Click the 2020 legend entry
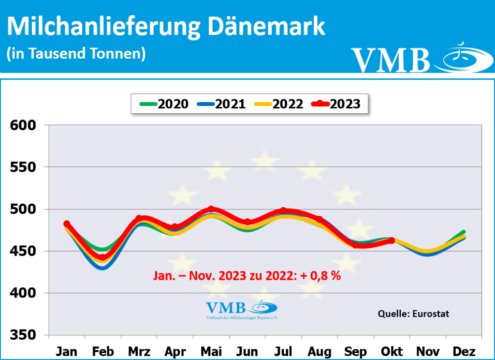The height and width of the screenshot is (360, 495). coord(164,104)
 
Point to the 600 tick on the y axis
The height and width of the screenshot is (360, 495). coord(23,125)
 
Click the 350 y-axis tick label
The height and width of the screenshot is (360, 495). coord(23,335)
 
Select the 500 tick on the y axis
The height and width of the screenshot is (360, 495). coord(23,209)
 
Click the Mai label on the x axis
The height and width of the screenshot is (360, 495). coord(211,351)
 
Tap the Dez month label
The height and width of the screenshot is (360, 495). coord(465,351)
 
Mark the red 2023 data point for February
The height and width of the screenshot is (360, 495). coord(102,258)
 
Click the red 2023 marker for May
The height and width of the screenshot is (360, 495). coord(211,209)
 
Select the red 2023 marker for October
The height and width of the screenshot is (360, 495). coord(392,240)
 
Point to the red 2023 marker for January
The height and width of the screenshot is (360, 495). coord(67,224)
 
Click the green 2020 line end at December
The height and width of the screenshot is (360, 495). coord(464,232)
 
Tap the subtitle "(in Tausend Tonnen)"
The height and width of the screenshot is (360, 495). coord(76,53)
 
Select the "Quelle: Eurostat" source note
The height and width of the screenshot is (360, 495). coord(413,314)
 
